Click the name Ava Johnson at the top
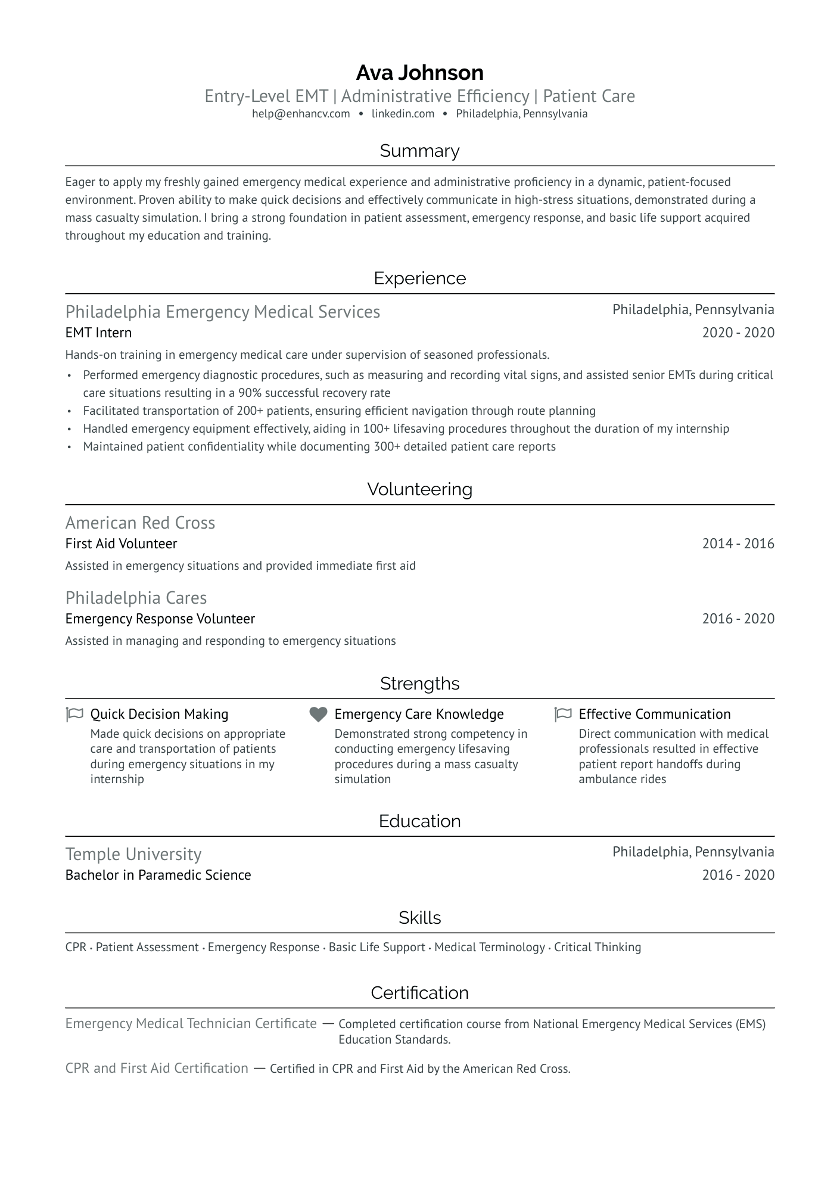point(419,73)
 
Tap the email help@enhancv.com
point(301,114)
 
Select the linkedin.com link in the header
point(403,114)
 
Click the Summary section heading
point(419,151)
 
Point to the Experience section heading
point(419,278)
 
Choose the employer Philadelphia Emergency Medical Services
point(223,312)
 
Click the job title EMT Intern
point(98,333)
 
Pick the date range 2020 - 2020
point(738,333)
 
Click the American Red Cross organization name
point(140,523)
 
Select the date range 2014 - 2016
point(738,544)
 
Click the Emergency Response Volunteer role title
point(160,619)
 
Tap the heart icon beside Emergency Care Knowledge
point(319,714)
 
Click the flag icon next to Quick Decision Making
point(74,714)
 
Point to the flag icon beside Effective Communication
point(563,714)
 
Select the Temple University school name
point(133,854)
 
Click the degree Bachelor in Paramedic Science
point(158,875)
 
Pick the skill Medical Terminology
point(489,947)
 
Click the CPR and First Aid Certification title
point(157,1068)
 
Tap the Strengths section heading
point(419,684)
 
